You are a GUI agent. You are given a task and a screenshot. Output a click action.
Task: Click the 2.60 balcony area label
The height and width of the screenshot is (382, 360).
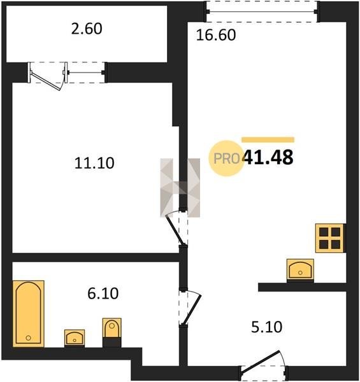pos(87,29)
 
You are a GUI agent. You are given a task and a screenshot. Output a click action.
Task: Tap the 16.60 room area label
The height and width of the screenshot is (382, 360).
pos(216,35)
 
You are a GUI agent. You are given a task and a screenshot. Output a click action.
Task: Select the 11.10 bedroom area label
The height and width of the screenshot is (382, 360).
pos(94,163)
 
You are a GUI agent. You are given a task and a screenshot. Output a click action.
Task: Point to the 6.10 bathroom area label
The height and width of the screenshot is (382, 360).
pos(103,294)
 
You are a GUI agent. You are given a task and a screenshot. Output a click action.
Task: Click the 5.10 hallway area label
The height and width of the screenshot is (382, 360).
pos(266,327)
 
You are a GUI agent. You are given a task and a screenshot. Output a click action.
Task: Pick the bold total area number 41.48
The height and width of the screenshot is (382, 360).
pos(268,157)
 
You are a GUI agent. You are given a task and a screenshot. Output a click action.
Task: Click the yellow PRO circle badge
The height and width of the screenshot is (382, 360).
pos(226,159)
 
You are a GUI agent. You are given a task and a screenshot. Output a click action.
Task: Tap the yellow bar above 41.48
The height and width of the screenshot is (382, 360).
pos(268,140)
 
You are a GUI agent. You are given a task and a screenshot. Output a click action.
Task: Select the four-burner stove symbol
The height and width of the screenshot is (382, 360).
pos(329,238)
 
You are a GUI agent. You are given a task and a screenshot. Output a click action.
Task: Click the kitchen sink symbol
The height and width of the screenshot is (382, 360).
pos(300,269)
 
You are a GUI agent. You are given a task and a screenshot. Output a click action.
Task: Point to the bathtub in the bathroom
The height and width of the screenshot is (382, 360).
pos(29,313)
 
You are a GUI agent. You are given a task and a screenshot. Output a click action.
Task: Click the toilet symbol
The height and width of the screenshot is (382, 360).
pos(112,328)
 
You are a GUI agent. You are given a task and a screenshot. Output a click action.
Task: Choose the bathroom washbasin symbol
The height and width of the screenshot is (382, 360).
pos(75,337)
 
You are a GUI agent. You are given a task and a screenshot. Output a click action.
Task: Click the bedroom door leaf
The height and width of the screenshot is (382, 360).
pos(175,230)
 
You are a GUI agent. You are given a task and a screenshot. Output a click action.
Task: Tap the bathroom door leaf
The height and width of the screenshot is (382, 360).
pos(192,311)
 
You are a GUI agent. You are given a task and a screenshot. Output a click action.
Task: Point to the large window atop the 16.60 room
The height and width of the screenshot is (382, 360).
pos(263,11)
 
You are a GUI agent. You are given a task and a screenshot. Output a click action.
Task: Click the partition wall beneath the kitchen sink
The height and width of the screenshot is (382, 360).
pos(302,287)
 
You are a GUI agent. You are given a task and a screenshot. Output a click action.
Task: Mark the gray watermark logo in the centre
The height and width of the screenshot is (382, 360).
pos(180,188)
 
